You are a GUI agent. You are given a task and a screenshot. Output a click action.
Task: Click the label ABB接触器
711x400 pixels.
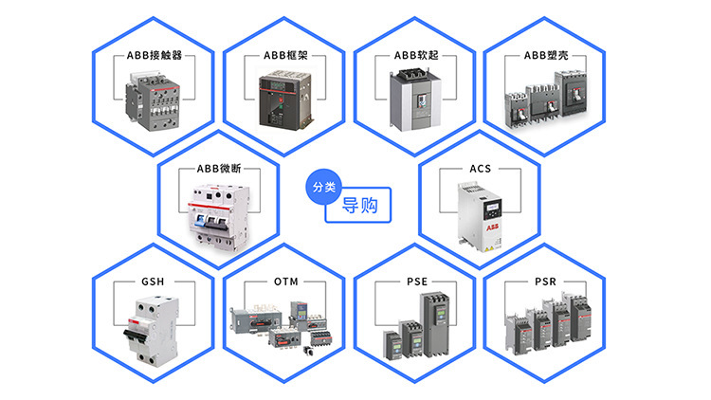coord(155,55)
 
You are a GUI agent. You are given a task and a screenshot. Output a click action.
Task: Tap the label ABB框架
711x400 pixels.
coord(285,55)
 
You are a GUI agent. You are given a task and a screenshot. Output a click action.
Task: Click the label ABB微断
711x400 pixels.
coord(220,169)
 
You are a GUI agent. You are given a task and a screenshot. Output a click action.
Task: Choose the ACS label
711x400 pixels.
coord(481,169)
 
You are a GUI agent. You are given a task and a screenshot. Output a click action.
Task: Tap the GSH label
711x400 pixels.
coord(155,282)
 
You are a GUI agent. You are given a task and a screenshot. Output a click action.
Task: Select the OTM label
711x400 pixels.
coord(285,282)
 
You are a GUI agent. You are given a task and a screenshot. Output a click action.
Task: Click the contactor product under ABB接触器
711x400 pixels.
coord(154,100)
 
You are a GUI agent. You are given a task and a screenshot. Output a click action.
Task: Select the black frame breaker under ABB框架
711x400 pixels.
coord(284,101)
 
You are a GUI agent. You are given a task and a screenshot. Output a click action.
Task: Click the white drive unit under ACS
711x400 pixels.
coord(481,216)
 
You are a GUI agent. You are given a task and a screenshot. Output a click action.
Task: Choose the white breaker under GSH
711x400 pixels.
coord(155,328)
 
